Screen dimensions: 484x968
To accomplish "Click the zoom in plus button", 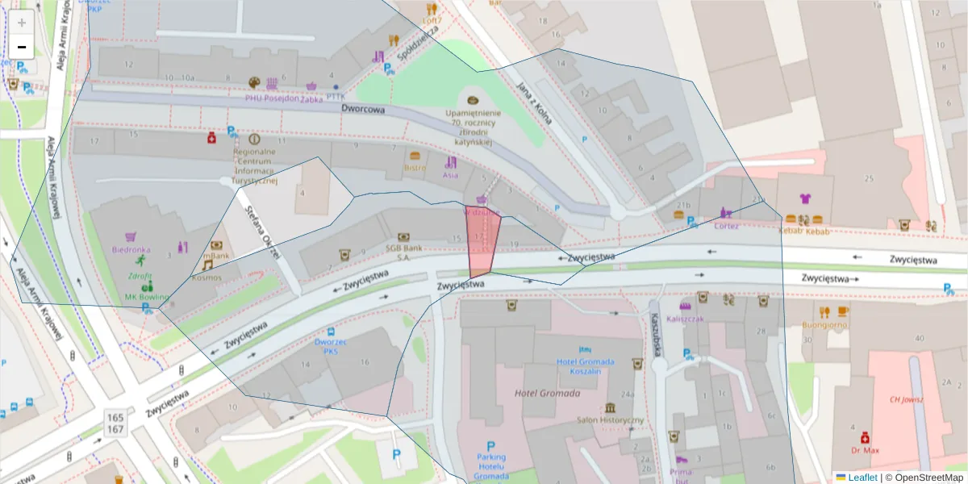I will point(22,23).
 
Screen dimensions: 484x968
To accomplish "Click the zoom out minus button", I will point(22,47).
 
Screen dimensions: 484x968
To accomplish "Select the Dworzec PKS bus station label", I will point(330,346).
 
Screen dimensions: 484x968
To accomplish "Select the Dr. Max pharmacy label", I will point(865,449).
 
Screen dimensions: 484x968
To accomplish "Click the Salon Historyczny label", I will point(610,420).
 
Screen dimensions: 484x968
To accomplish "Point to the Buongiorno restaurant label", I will point(824,325).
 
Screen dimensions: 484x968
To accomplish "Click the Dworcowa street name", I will point(363,109).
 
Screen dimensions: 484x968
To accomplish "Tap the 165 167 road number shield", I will point(115,423).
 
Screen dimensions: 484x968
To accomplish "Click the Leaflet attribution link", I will point(862,478).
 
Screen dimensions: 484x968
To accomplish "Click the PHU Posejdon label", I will point(272,98).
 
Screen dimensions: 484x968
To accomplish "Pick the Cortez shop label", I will point(726,226).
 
